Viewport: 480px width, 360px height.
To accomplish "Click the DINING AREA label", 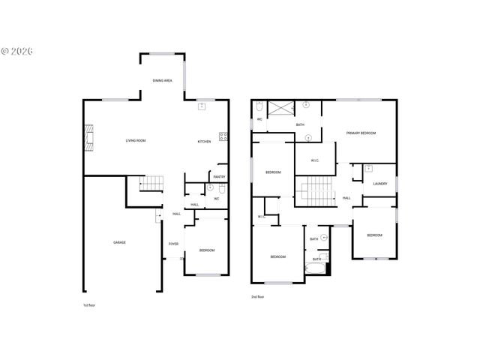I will coord(163,80).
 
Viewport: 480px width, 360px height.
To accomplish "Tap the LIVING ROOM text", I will coord(135,140).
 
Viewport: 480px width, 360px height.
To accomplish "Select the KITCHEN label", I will coord(204,141).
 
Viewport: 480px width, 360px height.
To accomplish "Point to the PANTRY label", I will coord(219,177).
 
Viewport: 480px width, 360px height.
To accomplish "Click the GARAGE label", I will coord(119,242).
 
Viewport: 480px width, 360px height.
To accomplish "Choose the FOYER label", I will coord(173,244).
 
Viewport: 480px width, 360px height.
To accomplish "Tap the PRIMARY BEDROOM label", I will coord(361,133).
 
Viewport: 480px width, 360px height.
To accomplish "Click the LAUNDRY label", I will coord(380,183).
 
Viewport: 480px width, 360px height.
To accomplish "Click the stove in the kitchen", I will coord(223,136).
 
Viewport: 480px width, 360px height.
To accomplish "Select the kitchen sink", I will coord(202,107).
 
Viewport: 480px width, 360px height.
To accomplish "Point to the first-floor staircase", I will coord(152,182).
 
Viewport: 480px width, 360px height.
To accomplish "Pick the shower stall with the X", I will coord(280,109).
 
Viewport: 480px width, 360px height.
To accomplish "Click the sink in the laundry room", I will coord(368,169).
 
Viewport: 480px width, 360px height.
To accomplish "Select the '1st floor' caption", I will coord(89,306).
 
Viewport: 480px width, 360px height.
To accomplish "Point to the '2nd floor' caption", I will coord(258,297).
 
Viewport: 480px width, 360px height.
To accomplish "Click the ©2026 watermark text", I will coord(17,52).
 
